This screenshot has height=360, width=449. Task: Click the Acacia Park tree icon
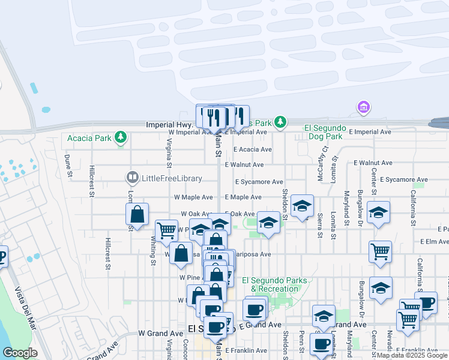tap(121, 138)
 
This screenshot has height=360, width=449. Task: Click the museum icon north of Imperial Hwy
tap(363, 107)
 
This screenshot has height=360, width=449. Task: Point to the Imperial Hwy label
tap(167, 124)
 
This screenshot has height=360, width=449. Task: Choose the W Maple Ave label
tap(193, 197)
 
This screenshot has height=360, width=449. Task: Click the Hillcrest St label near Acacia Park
tap(92, 181)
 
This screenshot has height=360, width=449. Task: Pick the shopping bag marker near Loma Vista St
tap(137, 214)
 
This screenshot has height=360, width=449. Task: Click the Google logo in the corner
tap(20, 353)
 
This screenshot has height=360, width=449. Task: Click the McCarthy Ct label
tap(325, 160)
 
